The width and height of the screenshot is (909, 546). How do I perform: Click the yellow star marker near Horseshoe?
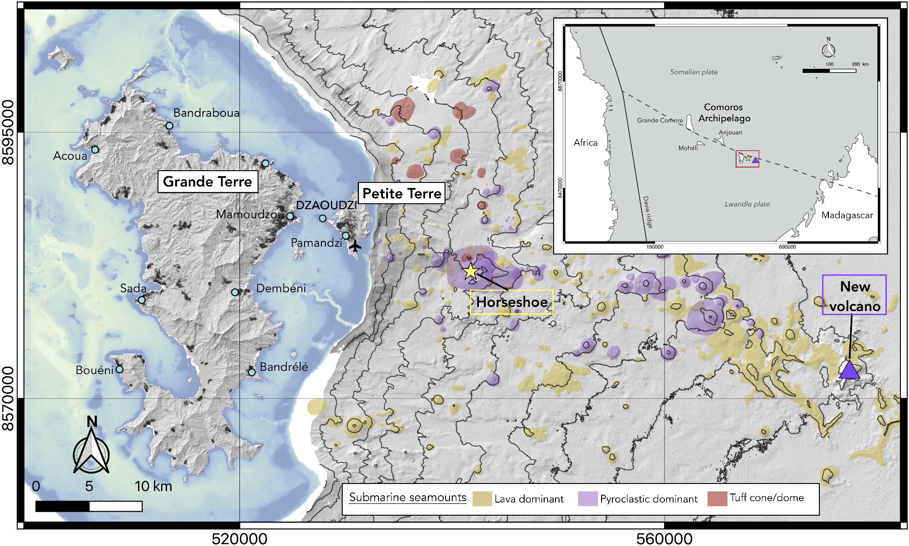point(471,271)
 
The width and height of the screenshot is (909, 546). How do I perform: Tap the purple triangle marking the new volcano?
point(849,370)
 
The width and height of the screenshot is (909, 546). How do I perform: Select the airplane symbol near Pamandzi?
point(355,246)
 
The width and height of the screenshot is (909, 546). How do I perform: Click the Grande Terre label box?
point(207,182)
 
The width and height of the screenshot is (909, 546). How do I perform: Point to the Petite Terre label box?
point(402,193)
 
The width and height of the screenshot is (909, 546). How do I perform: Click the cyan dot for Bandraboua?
point(169,126)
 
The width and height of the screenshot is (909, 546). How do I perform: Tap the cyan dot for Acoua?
point(95,150)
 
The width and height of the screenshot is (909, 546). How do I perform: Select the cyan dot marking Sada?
point(142,300)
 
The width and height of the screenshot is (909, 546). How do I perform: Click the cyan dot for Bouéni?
point(120,369)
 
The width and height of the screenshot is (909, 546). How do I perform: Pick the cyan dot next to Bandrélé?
point(252,372)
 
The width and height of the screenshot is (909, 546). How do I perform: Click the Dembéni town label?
point(281,288)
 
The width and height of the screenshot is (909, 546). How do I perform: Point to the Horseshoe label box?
point(512,302)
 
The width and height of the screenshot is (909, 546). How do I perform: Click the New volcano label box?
point(854,295)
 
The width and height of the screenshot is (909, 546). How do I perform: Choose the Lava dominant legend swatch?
point(482,498)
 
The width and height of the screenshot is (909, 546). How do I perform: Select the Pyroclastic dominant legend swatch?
point(588,498)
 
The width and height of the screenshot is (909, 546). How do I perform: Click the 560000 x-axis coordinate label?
point(664,539)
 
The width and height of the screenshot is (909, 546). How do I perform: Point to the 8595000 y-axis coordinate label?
point(9,132)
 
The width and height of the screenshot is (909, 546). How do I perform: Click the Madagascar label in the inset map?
point(847,215)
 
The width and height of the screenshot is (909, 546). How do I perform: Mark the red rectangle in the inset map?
point(747,159)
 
